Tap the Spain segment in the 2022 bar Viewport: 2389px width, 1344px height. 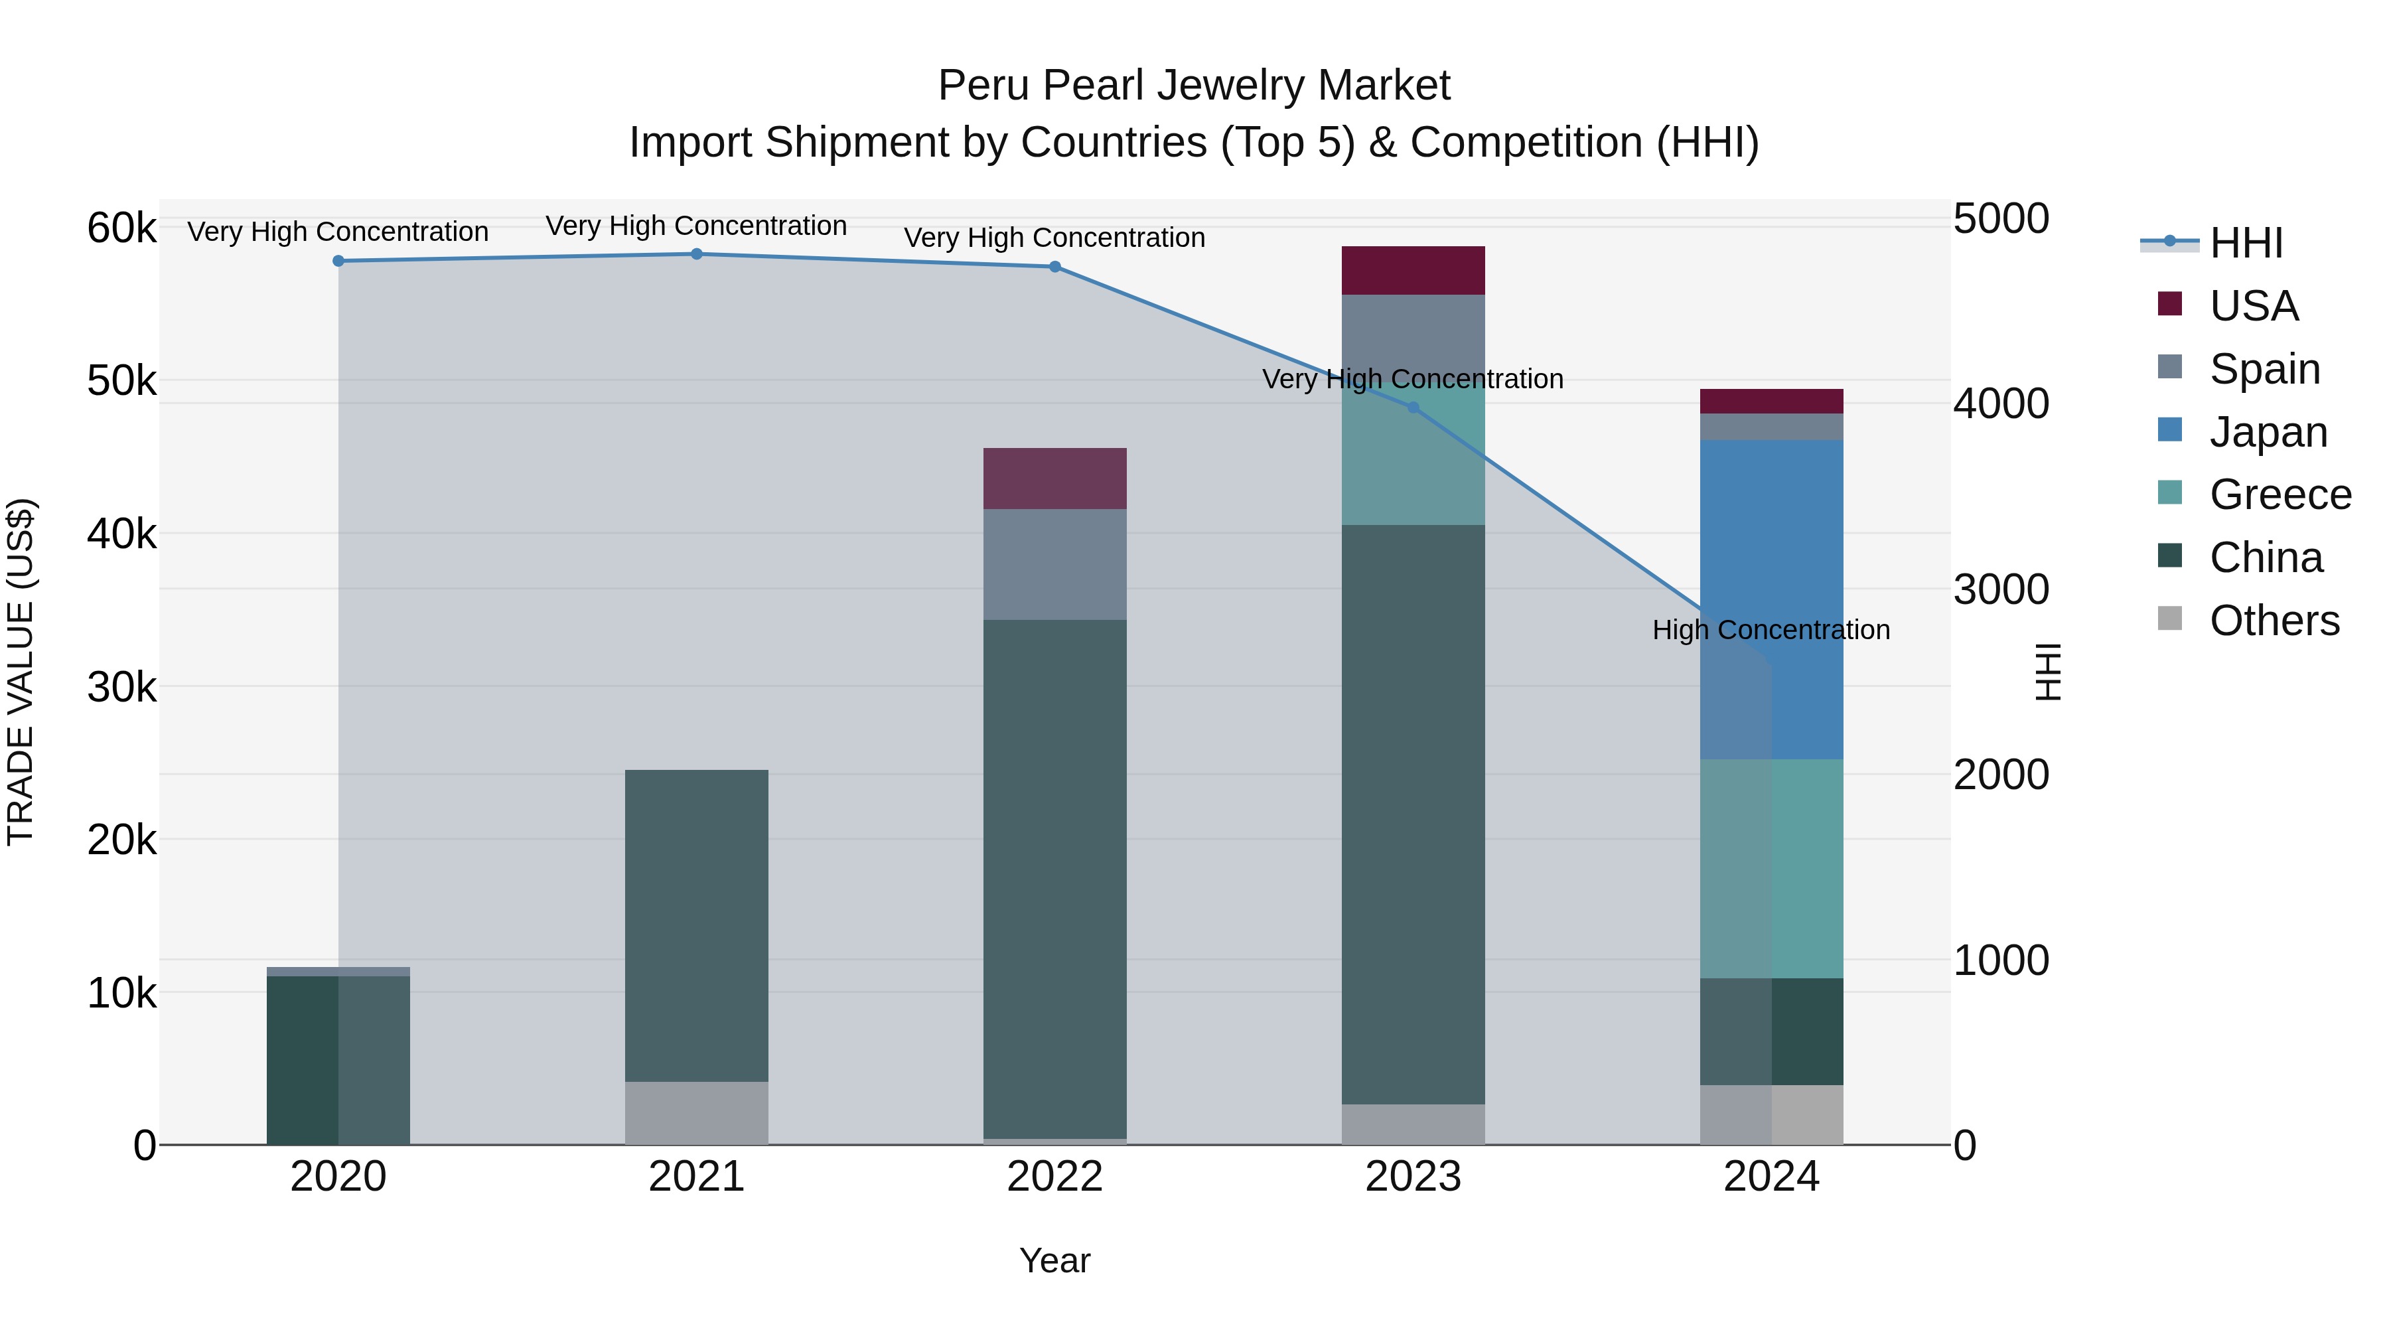1054,564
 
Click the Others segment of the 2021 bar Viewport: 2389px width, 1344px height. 697,1112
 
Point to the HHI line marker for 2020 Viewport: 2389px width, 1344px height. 338,261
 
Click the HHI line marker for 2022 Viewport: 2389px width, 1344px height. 1054,267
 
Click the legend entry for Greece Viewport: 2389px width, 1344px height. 2279,494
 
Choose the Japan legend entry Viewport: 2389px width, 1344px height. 2268,432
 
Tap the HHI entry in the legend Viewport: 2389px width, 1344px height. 2244,243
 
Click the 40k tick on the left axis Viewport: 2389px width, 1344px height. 121,534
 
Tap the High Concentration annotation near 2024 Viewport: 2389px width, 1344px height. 1771,630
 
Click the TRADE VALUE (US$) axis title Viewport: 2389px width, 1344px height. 21,672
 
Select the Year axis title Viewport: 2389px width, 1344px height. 1054,1260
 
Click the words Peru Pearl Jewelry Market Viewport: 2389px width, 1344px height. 1194,86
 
